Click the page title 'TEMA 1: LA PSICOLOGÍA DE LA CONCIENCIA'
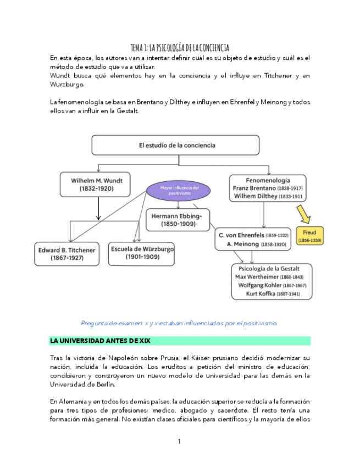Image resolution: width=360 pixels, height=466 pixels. point(180,48)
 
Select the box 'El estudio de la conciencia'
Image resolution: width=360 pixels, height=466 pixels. point(175,146)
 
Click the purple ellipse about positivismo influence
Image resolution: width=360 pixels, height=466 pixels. point(179,191)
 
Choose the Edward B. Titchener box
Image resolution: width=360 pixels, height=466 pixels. point(67,253)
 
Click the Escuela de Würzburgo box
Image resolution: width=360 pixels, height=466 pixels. point(142,253)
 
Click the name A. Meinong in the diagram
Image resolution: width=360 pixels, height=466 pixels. point(239,243)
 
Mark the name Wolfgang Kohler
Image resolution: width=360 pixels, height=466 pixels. point(258,285)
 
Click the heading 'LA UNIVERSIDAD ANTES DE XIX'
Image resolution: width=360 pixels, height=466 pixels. point(100,341)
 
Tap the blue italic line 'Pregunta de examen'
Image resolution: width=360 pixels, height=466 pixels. point(179,323)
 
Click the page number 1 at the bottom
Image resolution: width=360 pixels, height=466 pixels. point(179,441)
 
